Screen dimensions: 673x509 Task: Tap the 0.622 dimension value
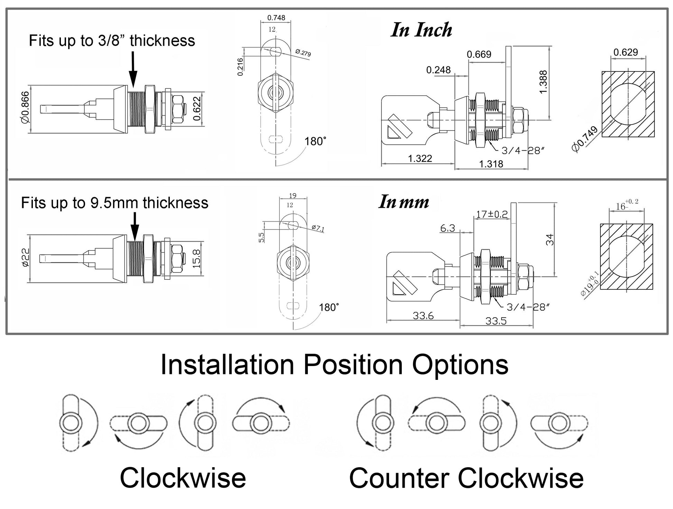(x=196, y=108)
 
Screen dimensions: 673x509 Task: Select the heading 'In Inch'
(x=421, y=30)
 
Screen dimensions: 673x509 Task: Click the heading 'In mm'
(x=404, y=202)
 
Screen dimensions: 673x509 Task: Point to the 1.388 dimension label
(x=543, y=81)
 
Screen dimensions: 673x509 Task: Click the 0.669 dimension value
(x=479, y=55)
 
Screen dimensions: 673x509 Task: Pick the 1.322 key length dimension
(x=420, y=159)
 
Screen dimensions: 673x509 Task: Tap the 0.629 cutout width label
(x=626, y=52)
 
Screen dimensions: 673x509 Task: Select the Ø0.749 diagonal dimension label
(x=585, y=140)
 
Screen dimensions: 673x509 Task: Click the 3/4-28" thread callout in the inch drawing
(x=523, y=151)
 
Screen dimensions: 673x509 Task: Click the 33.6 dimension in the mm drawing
(x=423, y=316)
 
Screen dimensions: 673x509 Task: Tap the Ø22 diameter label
(x=26, y=258)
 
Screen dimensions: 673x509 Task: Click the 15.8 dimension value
(x=196, y=259)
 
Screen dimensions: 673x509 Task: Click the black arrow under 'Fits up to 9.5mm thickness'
(x=135, y=226)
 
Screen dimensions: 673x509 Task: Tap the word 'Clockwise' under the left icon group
(x=183, y=478)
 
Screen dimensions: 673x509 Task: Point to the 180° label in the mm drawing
(x=329, y=307)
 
